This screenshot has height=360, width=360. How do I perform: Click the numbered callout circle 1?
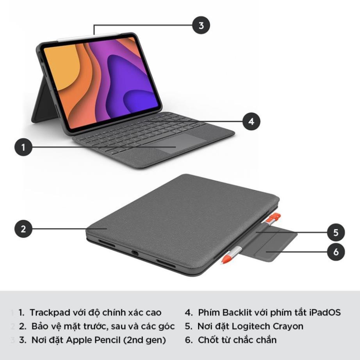coord(23,147)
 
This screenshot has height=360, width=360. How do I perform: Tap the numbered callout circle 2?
coord(23,229)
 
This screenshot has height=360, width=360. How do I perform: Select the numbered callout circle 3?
coord(201,26)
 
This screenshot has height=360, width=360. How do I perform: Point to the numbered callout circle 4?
coord(251,121)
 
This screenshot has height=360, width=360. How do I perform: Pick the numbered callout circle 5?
coord(336,233)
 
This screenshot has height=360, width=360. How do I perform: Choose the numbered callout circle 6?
coord(336,252)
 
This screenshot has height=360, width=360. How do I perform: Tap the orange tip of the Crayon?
coord(225,259)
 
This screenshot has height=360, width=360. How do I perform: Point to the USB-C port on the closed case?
coord(135,253)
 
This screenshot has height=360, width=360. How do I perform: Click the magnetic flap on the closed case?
coord(273,244)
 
